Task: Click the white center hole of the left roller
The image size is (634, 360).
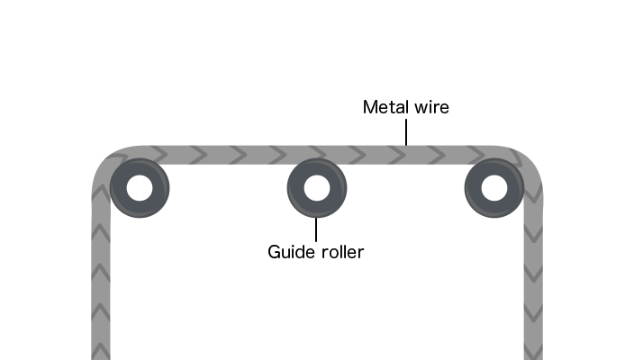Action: coord(140,188)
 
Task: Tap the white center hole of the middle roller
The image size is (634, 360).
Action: coord(316,188)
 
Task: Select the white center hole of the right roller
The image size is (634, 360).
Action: coord(494,188)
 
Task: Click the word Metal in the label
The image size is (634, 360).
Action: coord(382,108)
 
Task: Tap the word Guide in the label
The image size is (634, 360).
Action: coord(289,252)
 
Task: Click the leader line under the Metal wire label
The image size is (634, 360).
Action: coord(406,132)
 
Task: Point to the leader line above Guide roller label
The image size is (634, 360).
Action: coord(316,229)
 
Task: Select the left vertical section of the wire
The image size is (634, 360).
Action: coord(101,279)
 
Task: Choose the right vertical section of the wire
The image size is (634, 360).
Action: coord(533,279)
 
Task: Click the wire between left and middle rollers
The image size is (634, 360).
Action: coord(228,154)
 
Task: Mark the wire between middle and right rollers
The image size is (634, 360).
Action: coord(405,154)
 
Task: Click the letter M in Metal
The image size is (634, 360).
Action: coord(369,108)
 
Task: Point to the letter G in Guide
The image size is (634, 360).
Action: coord(275,252)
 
